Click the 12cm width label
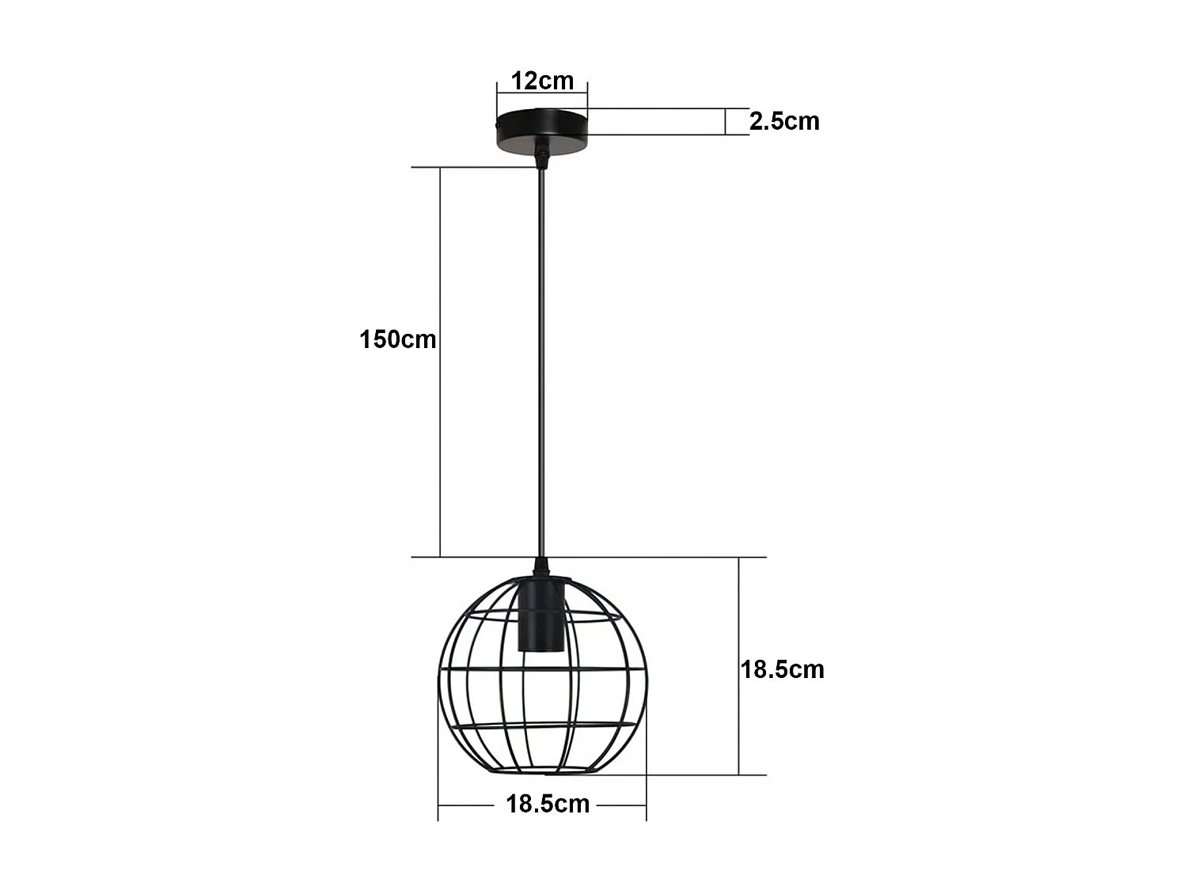click(542, 81)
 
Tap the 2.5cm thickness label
click(784, 121)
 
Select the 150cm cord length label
click(397, 339)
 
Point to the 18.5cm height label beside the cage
click(782, 669)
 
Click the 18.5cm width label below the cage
click(548, 804)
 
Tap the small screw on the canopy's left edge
click(497, 125)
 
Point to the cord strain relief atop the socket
click(541, 567)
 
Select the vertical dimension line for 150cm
click(440, 362)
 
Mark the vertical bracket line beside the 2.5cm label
click(726, 122)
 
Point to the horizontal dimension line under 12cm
click(542, 94)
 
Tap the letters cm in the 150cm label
click(418, 339)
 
